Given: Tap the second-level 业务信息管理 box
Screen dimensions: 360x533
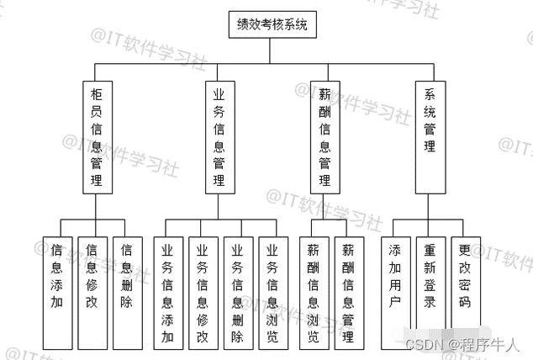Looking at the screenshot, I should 219,135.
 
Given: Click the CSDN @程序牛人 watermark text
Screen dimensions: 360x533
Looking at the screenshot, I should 462,344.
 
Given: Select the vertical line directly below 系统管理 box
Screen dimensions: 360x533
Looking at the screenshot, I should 430,206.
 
